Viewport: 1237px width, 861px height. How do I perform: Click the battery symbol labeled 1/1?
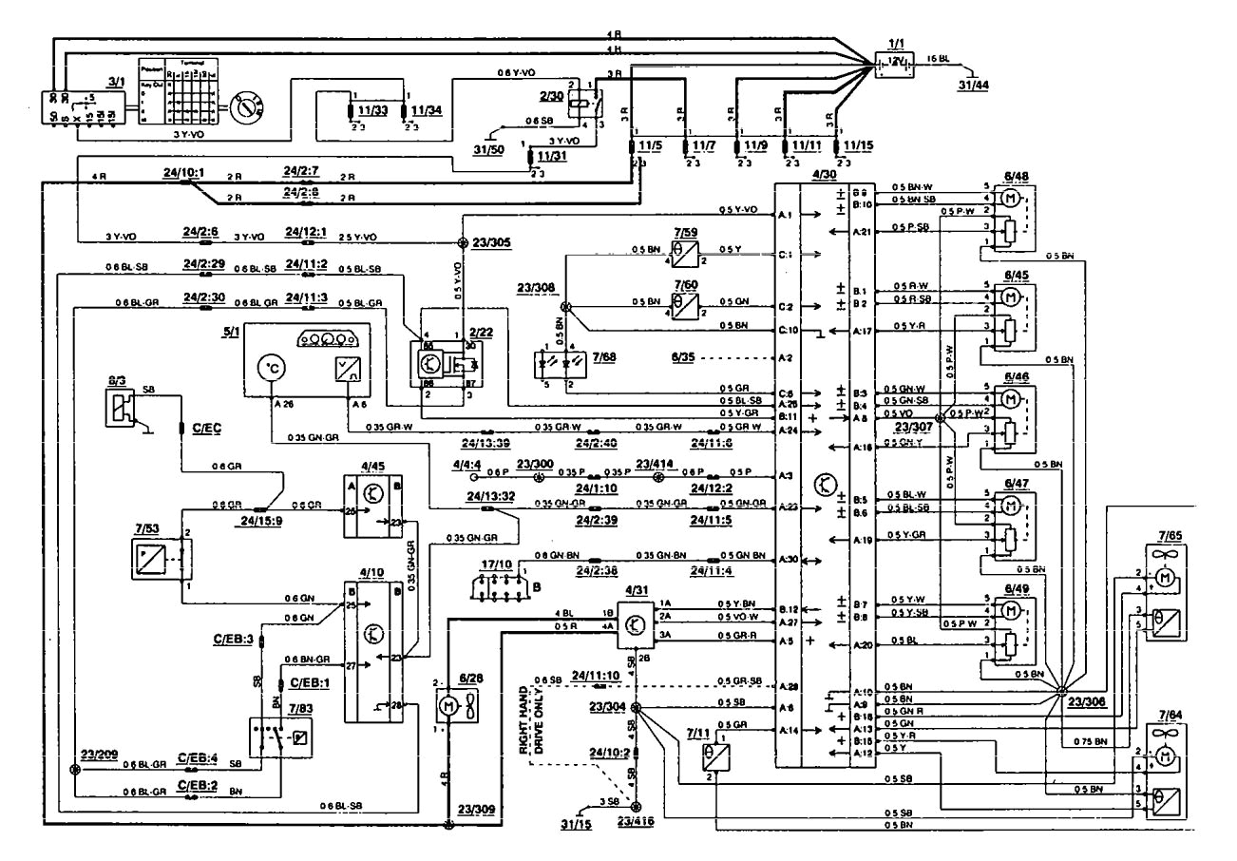tap(893, 62)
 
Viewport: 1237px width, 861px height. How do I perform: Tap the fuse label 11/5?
tap(650, 146)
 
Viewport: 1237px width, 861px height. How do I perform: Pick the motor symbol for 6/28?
tap(447, 706)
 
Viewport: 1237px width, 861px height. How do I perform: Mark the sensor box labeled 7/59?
tap(687, 256)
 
